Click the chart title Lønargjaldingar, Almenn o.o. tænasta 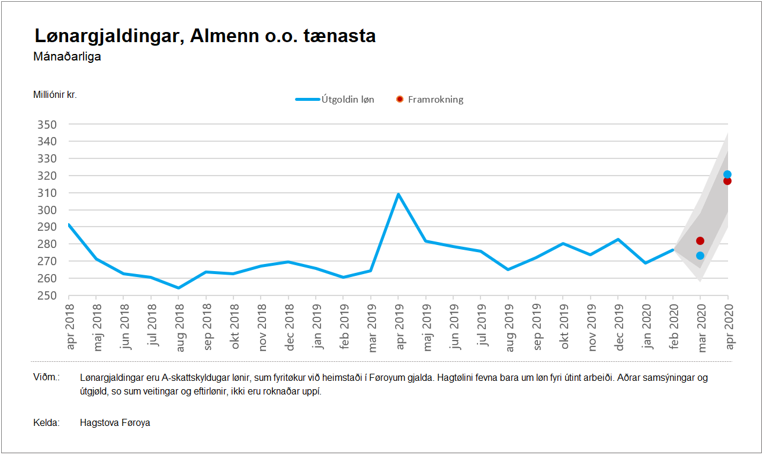[205, 36]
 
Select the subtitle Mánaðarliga [68, 57]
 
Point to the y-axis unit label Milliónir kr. [55, 94]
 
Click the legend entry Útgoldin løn [335, 99]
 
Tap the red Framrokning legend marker [400, 99]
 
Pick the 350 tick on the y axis [48, 125]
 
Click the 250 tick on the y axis [48, 295]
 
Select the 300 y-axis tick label [48, 210]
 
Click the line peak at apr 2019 [398, 194]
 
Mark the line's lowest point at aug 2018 [178, 288]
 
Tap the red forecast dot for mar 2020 [700, 241]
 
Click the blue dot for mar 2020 [700, 256]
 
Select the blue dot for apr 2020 [727, 174]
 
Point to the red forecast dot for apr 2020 [727, 181]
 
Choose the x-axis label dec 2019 [618, 327]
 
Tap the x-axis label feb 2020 [673, 327]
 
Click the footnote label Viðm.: [46, 377]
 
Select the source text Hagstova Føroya [115, 423]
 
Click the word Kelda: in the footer [46, 423]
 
